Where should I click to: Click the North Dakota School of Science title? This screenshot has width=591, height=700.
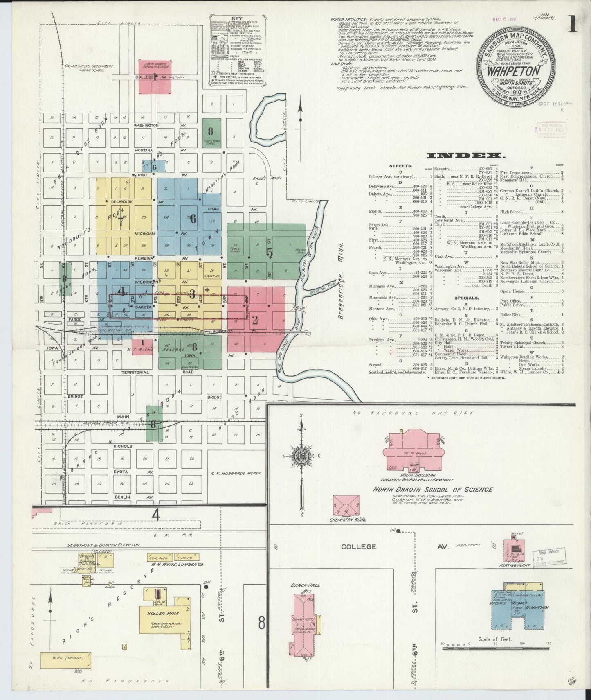(x=433, y=489)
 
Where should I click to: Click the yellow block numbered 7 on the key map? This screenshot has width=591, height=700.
(x=121, y=221)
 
